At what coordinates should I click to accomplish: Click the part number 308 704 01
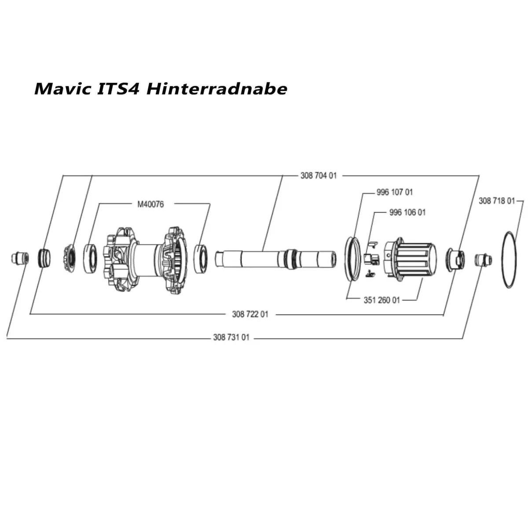point(319,176)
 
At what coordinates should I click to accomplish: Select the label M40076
point(150,204)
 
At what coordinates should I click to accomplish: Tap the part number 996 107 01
point(395,192)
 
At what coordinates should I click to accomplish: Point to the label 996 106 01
point(407,213)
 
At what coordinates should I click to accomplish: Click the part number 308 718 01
point(496,201)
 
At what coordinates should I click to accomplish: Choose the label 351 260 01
point(382,300)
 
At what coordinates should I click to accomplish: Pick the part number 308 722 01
point(250,314)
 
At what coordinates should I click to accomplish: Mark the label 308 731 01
point(231,337)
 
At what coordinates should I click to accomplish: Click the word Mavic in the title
point(62,88)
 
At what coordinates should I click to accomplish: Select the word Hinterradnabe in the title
point(216,88)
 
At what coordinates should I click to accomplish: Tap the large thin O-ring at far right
point(513,260)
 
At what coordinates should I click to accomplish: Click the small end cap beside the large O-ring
point(482,259)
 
